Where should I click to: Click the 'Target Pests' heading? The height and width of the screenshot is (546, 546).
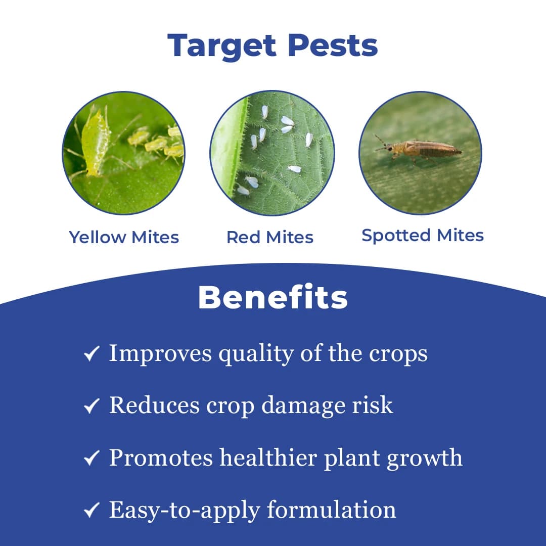[x=272, y=45]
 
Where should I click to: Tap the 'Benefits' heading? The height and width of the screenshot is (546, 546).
[x=273, y=297]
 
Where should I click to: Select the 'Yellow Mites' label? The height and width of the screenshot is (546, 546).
[x=124, y=237]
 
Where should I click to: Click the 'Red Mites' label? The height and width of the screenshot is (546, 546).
[x=270, y=237]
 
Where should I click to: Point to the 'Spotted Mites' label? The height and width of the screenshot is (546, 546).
[x=423, y=235]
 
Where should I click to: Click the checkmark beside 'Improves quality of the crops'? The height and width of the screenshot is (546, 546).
[x=91, y=354]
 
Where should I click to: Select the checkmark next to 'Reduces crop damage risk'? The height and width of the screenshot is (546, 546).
[x=91, y=406]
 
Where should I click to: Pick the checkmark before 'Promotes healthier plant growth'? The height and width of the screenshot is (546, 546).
[x=91, y=458]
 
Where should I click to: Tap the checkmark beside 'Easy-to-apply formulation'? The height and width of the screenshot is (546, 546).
[x=91, y=511]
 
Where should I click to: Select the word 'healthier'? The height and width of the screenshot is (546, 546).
[x=268, y=458]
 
